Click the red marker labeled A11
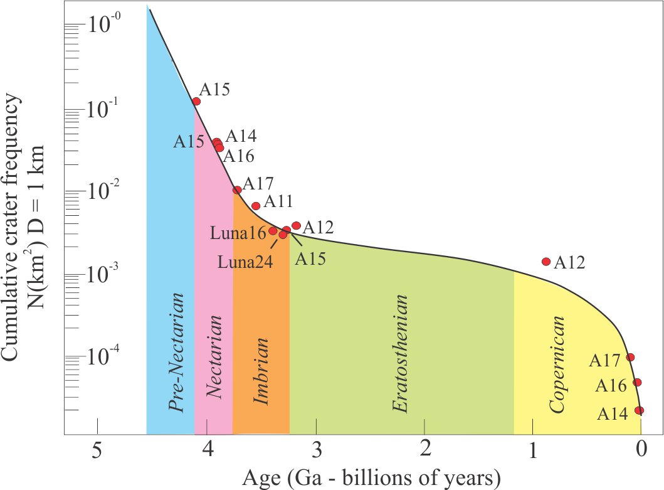coord(256,206)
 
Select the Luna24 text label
coord(245,262)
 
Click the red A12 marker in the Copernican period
coord(546,262)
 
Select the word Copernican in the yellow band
coord(557,364)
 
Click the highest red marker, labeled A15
coord(196,101)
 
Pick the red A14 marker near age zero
coord(640,410)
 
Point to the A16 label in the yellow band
coord(611,386)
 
